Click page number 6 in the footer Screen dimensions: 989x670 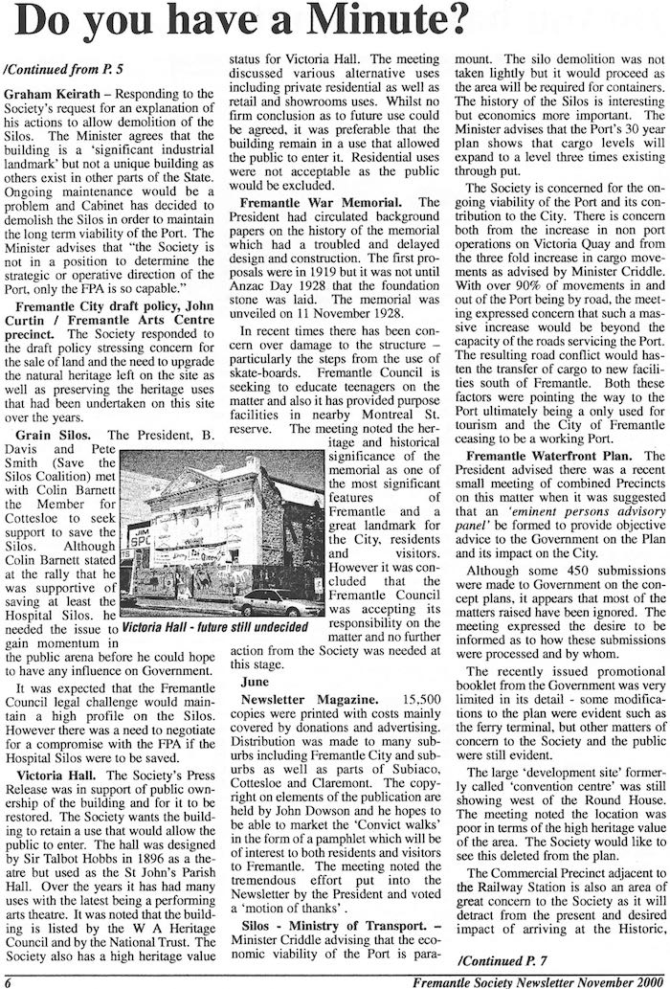(7, 980)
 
